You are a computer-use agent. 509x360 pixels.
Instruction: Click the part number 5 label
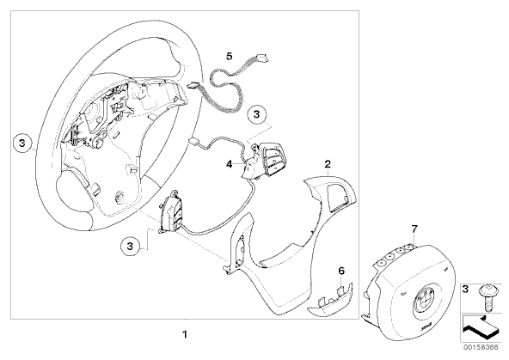[230, 56]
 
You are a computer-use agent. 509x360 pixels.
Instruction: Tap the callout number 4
[230, 164]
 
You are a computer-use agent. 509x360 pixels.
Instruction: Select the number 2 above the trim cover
[328, 164]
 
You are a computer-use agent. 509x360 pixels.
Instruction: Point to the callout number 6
[341, 271]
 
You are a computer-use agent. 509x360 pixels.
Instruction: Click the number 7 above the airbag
[414, 229]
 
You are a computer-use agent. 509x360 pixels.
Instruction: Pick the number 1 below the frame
[185, 334]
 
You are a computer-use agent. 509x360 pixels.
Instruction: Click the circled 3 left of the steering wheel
[22, 143]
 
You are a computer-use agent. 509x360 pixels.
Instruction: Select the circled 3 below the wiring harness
[256, 114]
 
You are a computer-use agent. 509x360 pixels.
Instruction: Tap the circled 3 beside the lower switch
[130, 246]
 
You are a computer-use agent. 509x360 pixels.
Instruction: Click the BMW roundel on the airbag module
[422, 301]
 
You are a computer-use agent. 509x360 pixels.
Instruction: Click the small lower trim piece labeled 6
[329, 299]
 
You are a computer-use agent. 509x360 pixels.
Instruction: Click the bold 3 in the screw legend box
[466, 289]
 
